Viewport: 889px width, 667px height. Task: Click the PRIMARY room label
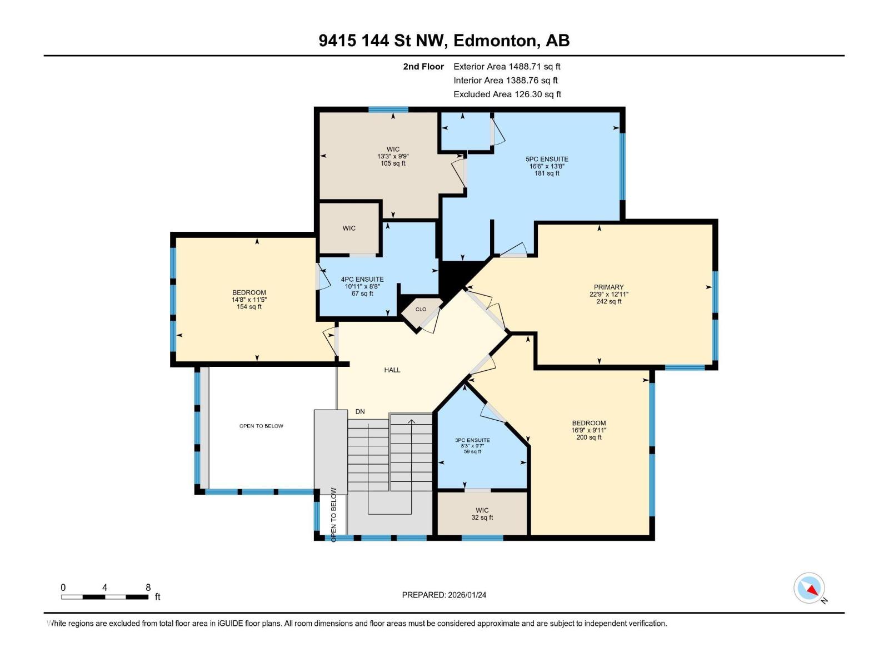tap(608, 288)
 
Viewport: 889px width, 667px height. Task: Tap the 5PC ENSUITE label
tap(547, 160)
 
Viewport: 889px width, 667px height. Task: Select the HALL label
tap(392, 370)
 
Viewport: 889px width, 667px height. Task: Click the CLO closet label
tap(421, 310)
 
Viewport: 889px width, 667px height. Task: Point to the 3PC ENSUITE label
tap(472, 440)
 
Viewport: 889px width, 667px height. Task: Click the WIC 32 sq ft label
tap(482, 514)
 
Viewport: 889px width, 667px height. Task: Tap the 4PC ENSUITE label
tap(362, 280)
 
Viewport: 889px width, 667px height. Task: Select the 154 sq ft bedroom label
tap(249, 300)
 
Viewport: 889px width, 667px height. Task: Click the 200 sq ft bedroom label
tap(588, 430)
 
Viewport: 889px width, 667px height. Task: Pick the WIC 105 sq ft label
tap(393, 156)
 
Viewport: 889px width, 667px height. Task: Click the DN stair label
tap(360, 412)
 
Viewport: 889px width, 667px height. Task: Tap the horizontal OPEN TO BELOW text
tap(261, 426)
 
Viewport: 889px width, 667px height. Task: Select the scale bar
tap(104, 597)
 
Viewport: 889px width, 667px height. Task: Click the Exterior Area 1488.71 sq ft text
tap(507, 67)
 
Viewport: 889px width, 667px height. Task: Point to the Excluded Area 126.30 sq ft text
tap(507, 94)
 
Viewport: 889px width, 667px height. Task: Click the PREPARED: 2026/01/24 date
tap(444, 595)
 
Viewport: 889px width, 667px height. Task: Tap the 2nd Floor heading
tap(423, 67)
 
